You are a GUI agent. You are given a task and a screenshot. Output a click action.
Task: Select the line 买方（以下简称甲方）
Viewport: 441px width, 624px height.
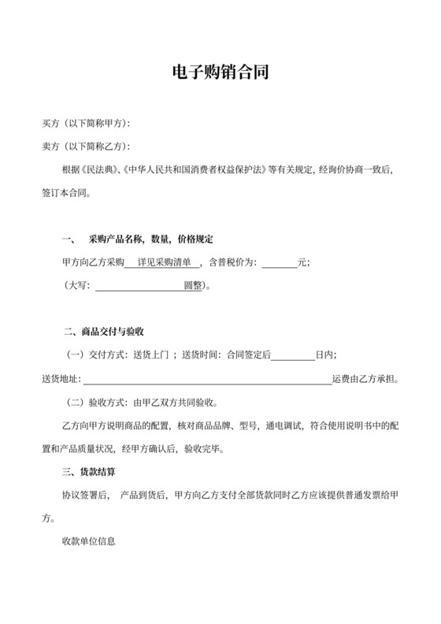(85, 124)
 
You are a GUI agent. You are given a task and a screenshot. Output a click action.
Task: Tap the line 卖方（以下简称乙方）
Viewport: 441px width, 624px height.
(85, 147)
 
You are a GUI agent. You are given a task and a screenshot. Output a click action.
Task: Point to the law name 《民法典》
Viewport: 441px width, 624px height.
(98, 169)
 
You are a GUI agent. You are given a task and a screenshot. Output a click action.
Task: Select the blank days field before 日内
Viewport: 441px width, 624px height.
(293, 356)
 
